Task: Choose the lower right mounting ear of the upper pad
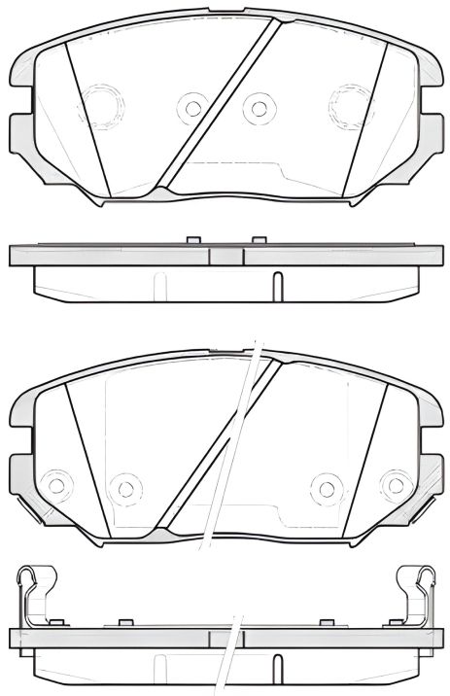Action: (430, 130)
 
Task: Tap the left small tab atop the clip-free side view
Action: (192, 240)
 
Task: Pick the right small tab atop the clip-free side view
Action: (258, 240)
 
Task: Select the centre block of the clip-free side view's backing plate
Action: (226, 257)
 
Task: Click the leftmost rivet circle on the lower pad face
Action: (57, 483)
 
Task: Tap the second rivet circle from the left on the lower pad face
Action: (123, 485)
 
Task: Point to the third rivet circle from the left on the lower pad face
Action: (326, 485)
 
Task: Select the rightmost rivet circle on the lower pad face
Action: (393, 483)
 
